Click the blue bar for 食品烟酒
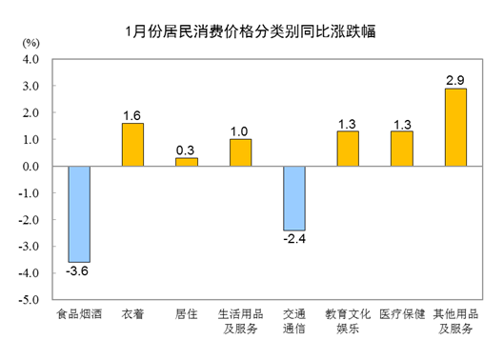[79, 214]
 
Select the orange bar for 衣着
[132, 144]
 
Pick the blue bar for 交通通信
[294, 198]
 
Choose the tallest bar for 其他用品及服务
[455, 127]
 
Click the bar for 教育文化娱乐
[348, 148]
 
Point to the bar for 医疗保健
[402, 148]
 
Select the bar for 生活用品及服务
[240, 152]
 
